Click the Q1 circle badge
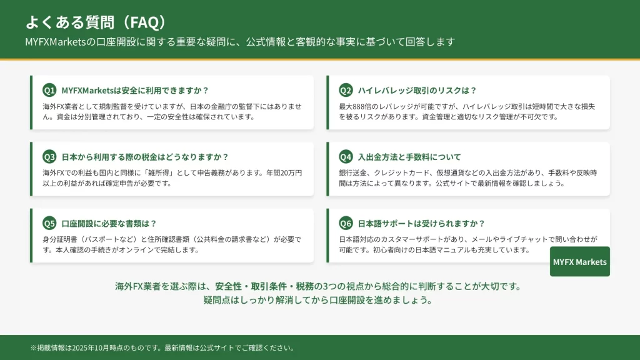pyautogui.click(x=49, y=90)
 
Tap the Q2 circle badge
pyautogui.click(x=346, y=90)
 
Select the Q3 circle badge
pyautogui.click(x=49, y=157)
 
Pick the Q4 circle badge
pyautogui.click(x=346, y=157)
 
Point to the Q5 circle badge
pyautogui.click(x=49, y=223)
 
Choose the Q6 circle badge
pyautogui.click(x=346, y=223)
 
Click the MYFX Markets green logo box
pyautogui.click(x=579, y=262)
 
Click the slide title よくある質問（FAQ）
pyautogui.click(x=96, y=22)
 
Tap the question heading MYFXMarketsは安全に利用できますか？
pyautogui.click(x=135, y=90)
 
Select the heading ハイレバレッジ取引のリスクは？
pyautogui.click(x=417, y=90)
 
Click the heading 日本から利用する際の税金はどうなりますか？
pyautogui.click(x=145, y=157)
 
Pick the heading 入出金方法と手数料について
pyautogui.click(x=409, y=157)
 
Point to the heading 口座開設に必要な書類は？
pyautogui.click(x=109, y=223)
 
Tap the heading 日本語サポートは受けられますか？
pyautogui.click(x=421, y=223)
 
